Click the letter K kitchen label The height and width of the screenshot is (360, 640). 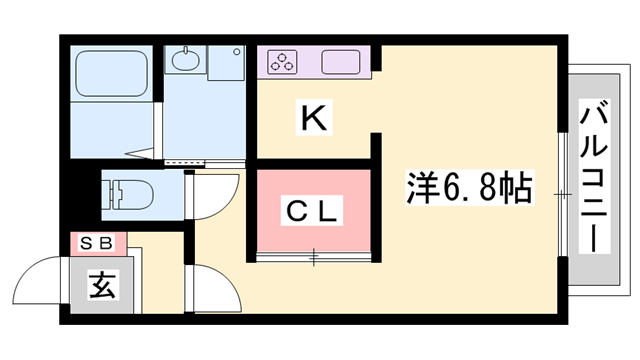[313, 119]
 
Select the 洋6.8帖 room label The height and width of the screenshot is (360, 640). [468, 187]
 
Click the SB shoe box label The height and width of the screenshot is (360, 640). [96, 241]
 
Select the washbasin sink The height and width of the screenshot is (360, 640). [186, 63]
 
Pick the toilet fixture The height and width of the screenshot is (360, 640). [126, 190]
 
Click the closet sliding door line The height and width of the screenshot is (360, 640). [312, 258]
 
